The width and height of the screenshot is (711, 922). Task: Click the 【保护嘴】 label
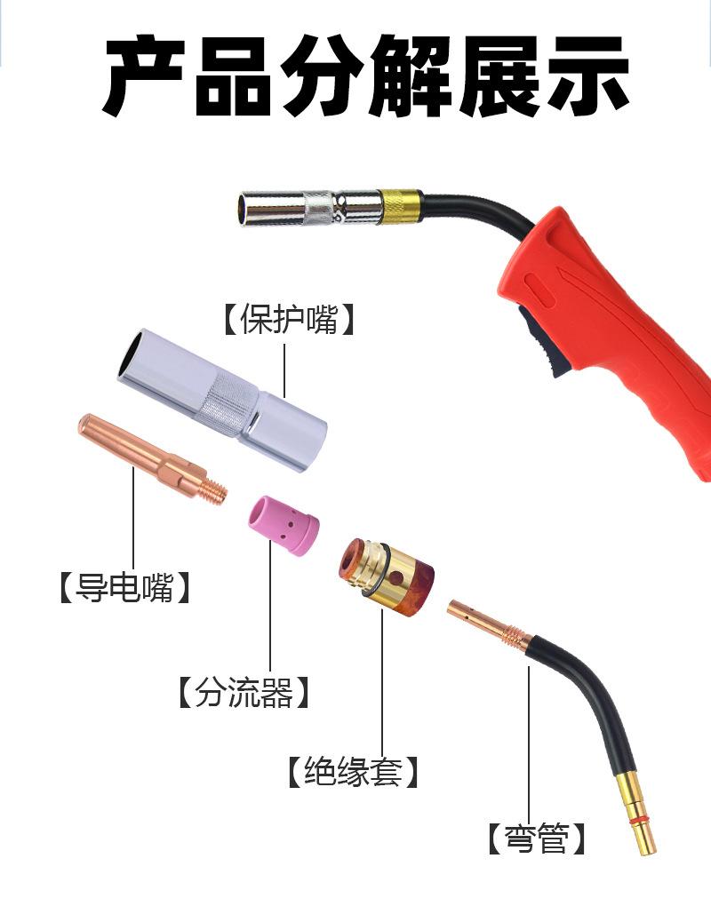tap(289, 319)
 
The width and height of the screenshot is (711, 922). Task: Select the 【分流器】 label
tap(244, 692)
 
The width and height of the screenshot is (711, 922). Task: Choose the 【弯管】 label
tap(537, 839)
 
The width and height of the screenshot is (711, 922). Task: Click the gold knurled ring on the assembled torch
tap(401, 206)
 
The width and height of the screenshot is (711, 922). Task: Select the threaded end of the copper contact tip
tap(214, 491)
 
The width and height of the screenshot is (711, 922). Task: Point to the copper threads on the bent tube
tap(515, 638)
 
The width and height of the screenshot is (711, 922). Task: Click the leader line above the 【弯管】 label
tap(529, 743)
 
